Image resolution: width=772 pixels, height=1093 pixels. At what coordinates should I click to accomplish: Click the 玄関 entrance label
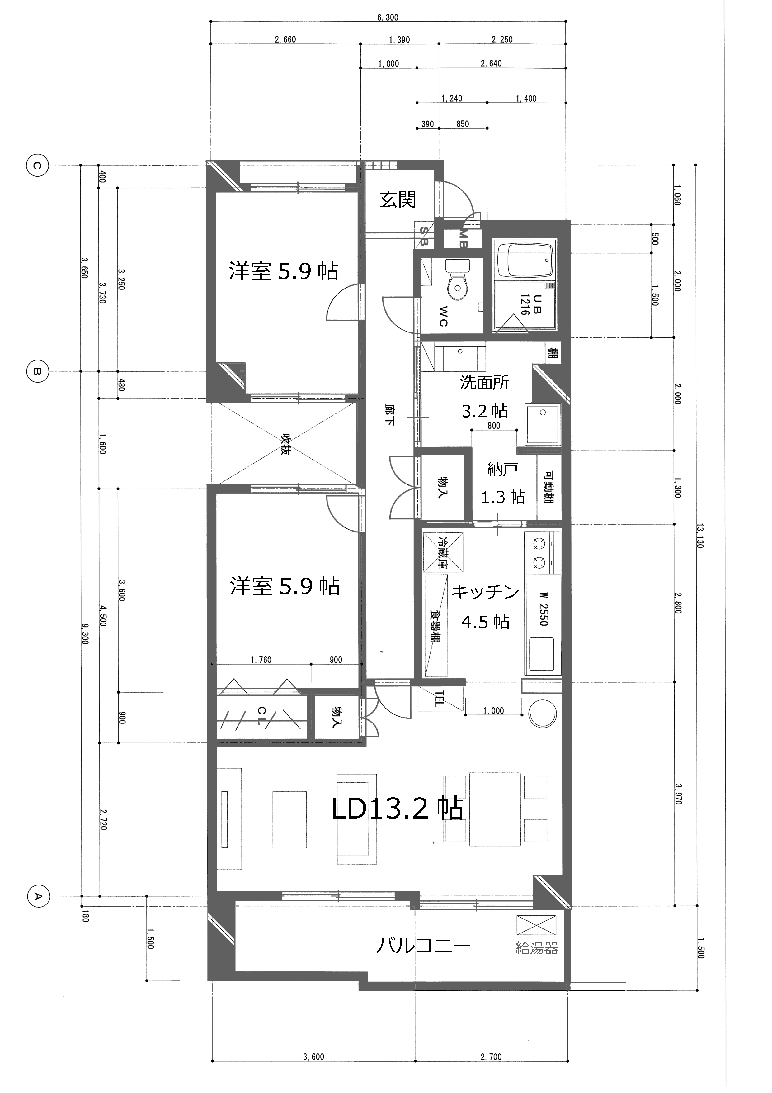pyautogui.click(x=397, y=199)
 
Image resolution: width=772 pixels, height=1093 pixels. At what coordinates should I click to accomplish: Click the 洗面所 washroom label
pyautogui.click(x=484, y=382)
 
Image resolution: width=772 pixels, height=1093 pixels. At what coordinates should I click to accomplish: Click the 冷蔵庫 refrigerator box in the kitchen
pyautogui.click(x=443, y=552)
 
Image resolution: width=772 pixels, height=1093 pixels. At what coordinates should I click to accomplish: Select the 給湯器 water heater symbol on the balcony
pyautogui.click(x=536, y=925)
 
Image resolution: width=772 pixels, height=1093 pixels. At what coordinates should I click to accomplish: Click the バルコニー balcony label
pyautogui.click(x=423, y=945)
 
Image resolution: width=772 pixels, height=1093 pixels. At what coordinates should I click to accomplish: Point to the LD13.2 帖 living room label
pyautogui.click(x=397, y=808)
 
